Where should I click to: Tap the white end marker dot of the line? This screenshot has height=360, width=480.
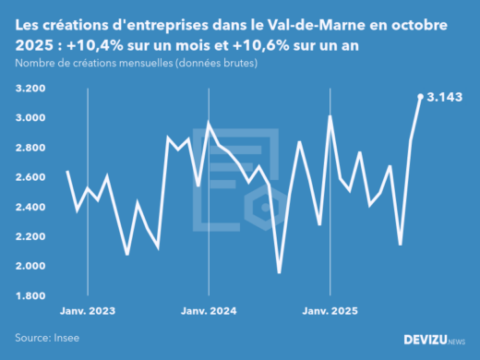[421, 96]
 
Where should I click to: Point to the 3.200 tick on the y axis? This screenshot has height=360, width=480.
[31, 89]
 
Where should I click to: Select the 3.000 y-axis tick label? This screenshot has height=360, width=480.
[31, 118]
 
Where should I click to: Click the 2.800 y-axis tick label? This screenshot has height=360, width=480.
[31, 148]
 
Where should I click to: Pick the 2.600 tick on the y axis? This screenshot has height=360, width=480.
[31, 177]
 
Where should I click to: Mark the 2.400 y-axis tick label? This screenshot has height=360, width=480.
[31, 207]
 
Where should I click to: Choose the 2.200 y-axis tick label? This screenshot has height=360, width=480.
[31, 236]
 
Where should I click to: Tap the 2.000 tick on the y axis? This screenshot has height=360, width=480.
[31, 266]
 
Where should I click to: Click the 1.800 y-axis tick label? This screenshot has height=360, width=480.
[31, 295]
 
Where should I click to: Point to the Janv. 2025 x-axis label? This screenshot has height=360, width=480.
[330, 313]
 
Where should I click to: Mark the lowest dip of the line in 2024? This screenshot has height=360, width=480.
[280, 272]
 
